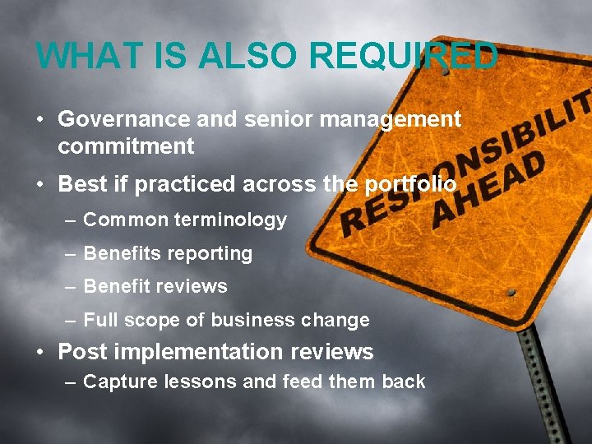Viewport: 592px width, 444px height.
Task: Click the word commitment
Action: tap(126, 147)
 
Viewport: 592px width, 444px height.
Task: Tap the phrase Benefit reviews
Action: tap(155, 286)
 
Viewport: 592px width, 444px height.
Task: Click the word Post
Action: tap(81, 352)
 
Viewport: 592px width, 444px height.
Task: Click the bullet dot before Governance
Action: tap(40, 120)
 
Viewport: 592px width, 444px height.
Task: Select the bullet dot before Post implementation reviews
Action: tap(40, 353)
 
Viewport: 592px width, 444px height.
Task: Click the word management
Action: tap(391, 119)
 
